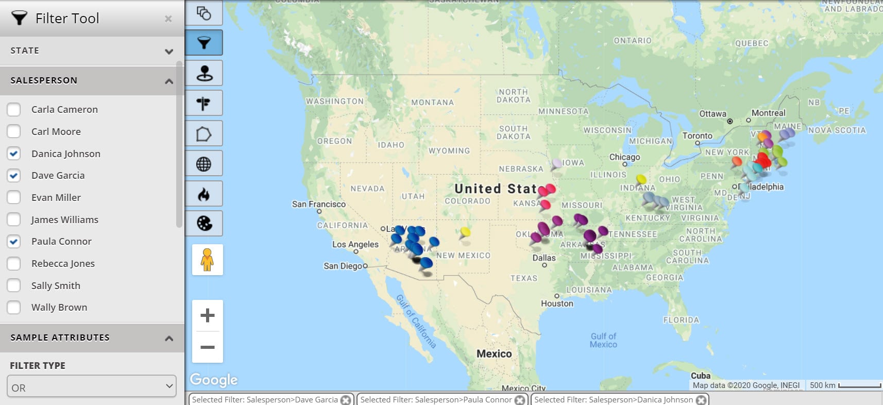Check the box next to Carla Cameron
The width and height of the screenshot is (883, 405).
(14, 110)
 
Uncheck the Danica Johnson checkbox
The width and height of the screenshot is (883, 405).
(14, 154)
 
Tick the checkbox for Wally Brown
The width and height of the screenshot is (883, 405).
(14, 308)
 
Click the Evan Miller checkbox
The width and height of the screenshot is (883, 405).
(14, 197)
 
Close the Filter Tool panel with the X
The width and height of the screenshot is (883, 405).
(168, 19)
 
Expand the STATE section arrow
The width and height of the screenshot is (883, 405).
(168, 52)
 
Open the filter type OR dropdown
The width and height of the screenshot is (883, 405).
(92, 387)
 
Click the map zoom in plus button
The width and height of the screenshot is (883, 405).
(207, 315)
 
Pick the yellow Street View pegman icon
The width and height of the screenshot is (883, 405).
(207, 260)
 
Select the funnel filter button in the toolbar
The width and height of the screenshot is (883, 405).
(204, 43)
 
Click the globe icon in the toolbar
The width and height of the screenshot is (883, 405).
(204, 164)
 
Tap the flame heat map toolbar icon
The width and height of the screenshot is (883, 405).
(204, 194)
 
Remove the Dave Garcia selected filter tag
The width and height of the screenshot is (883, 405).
(346, 400)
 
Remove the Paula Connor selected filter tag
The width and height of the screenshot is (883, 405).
(520, 400)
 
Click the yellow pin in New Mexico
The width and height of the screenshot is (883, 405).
(466, 232)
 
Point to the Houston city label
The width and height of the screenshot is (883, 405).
(557, 303)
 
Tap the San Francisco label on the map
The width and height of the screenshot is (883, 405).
(318, 204)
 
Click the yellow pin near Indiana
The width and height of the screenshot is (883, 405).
(641, 179)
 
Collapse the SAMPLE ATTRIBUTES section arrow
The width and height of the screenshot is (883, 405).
(168, 339)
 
